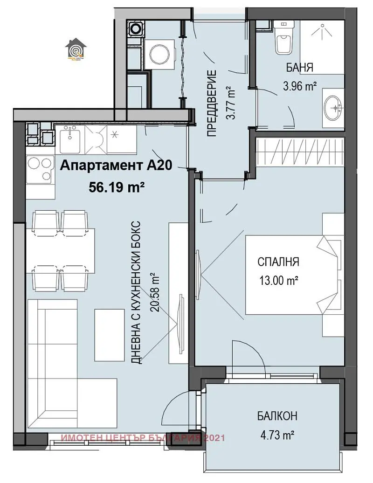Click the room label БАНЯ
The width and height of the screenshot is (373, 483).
pyautogui.click(x=299, y=68)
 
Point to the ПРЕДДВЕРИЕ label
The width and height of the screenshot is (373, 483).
pyautogui.click(x=212, y=103)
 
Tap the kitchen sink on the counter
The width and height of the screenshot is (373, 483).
pyautogui.click(x=71, y=138)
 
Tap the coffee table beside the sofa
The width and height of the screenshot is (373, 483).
pyautogui.click(x=107, y=335)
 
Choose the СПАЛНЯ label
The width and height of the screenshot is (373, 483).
pyautogui.click(x=278, y=262)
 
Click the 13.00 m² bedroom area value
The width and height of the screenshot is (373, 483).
pyautogui.click(x=278, y=281)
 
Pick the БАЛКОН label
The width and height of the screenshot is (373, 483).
pyautogui.click(x=276, y=416)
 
